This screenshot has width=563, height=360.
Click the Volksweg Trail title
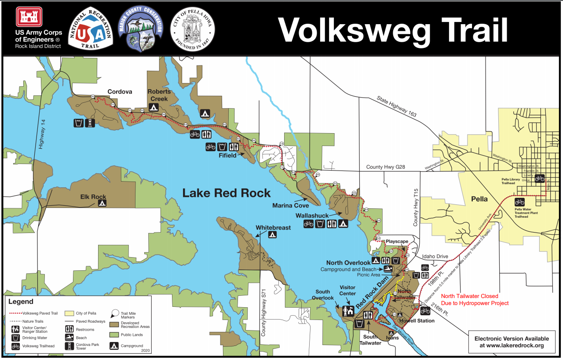click(392, 30)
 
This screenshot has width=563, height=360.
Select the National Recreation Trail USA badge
click(91, 29)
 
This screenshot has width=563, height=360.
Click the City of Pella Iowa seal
click(192, 29)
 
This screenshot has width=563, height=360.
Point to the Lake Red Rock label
click(227, 193)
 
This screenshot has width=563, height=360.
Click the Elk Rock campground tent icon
click(102, 203)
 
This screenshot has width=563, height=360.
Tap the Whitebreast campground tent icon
click(273, 235)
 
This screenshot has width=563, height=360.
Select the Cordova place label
click(120, 92)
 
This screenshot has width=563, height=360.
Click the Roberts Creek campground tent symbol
click(154, 107)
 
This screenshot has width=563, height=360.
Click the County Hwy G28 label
click(385, 167)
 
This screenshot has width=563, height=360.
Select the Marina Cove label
click(290, 205)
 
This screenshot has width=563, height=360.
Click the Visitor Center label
click(347, 291)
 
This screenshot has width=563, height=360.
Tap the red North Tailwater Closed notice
click(475, 300)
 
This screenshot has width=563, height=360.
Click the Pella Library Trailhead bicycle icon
click(539, 178)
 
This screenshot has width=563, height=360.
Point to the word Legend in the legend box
click(21, 302)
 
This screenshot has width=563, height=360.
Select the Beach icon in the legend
click(69, 337)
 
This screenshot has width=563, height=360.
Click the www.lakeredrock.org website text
click(512, 345)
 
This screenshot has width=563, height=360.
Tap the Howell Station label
click(417, 320)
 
